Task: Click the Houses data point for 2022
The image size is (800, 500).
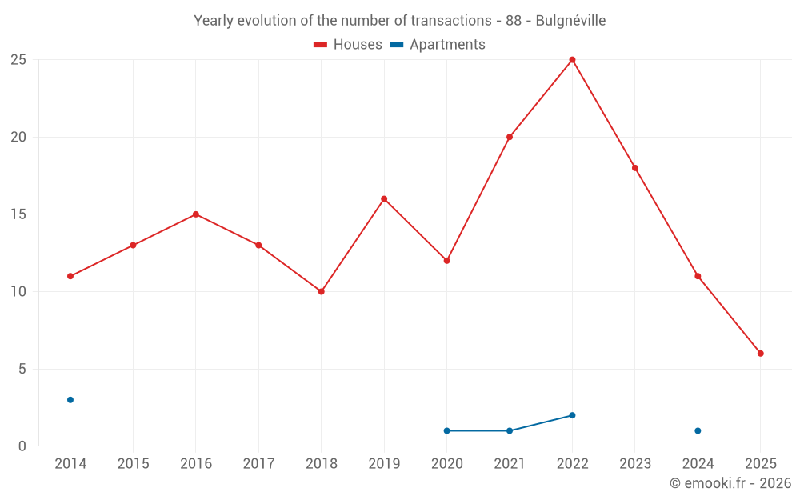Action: coord(572,60)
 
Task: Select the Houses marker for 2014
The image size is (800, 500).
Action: coord(70,276)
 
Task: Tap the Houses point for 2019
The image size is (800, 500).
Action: coord(384,198)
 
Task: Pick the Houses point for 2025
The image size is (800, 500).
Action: coord(760,353)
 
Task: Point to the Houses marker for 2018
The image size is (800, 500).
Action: coord(321,291)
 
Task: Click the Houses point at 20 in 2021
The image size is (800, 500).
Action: coord(510,137)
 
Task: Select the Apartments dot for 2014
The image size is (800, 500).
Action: coord(70,399)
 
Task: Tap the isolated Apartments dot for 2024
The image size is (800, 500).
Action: coord(698,430)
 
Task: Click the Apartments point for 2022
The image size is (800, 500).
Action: coord(572,415)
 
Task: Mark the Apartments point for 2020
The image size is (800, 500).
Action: coord(446,430)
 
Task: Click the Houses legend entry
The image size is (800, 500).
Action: coord(348,45)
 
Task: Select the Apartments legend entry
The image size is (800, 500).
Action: coord(438,45)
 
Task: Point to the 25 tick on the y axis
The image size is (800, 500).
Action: coord(18,60)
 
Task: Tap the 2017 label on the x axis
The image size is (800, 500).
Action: coord(258,464)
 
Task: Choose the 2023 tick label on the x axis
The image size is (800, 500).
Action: coord(634,464)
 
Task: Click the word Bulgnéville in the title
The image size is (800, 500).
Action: coord(569,21)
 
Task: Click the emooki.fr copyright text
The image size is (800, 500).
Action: coord(730,483)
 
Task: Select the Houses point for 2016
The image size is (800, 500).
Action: coord(195,214)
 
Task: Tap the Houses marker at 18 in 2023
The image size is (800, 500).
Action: coord(634,168)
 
